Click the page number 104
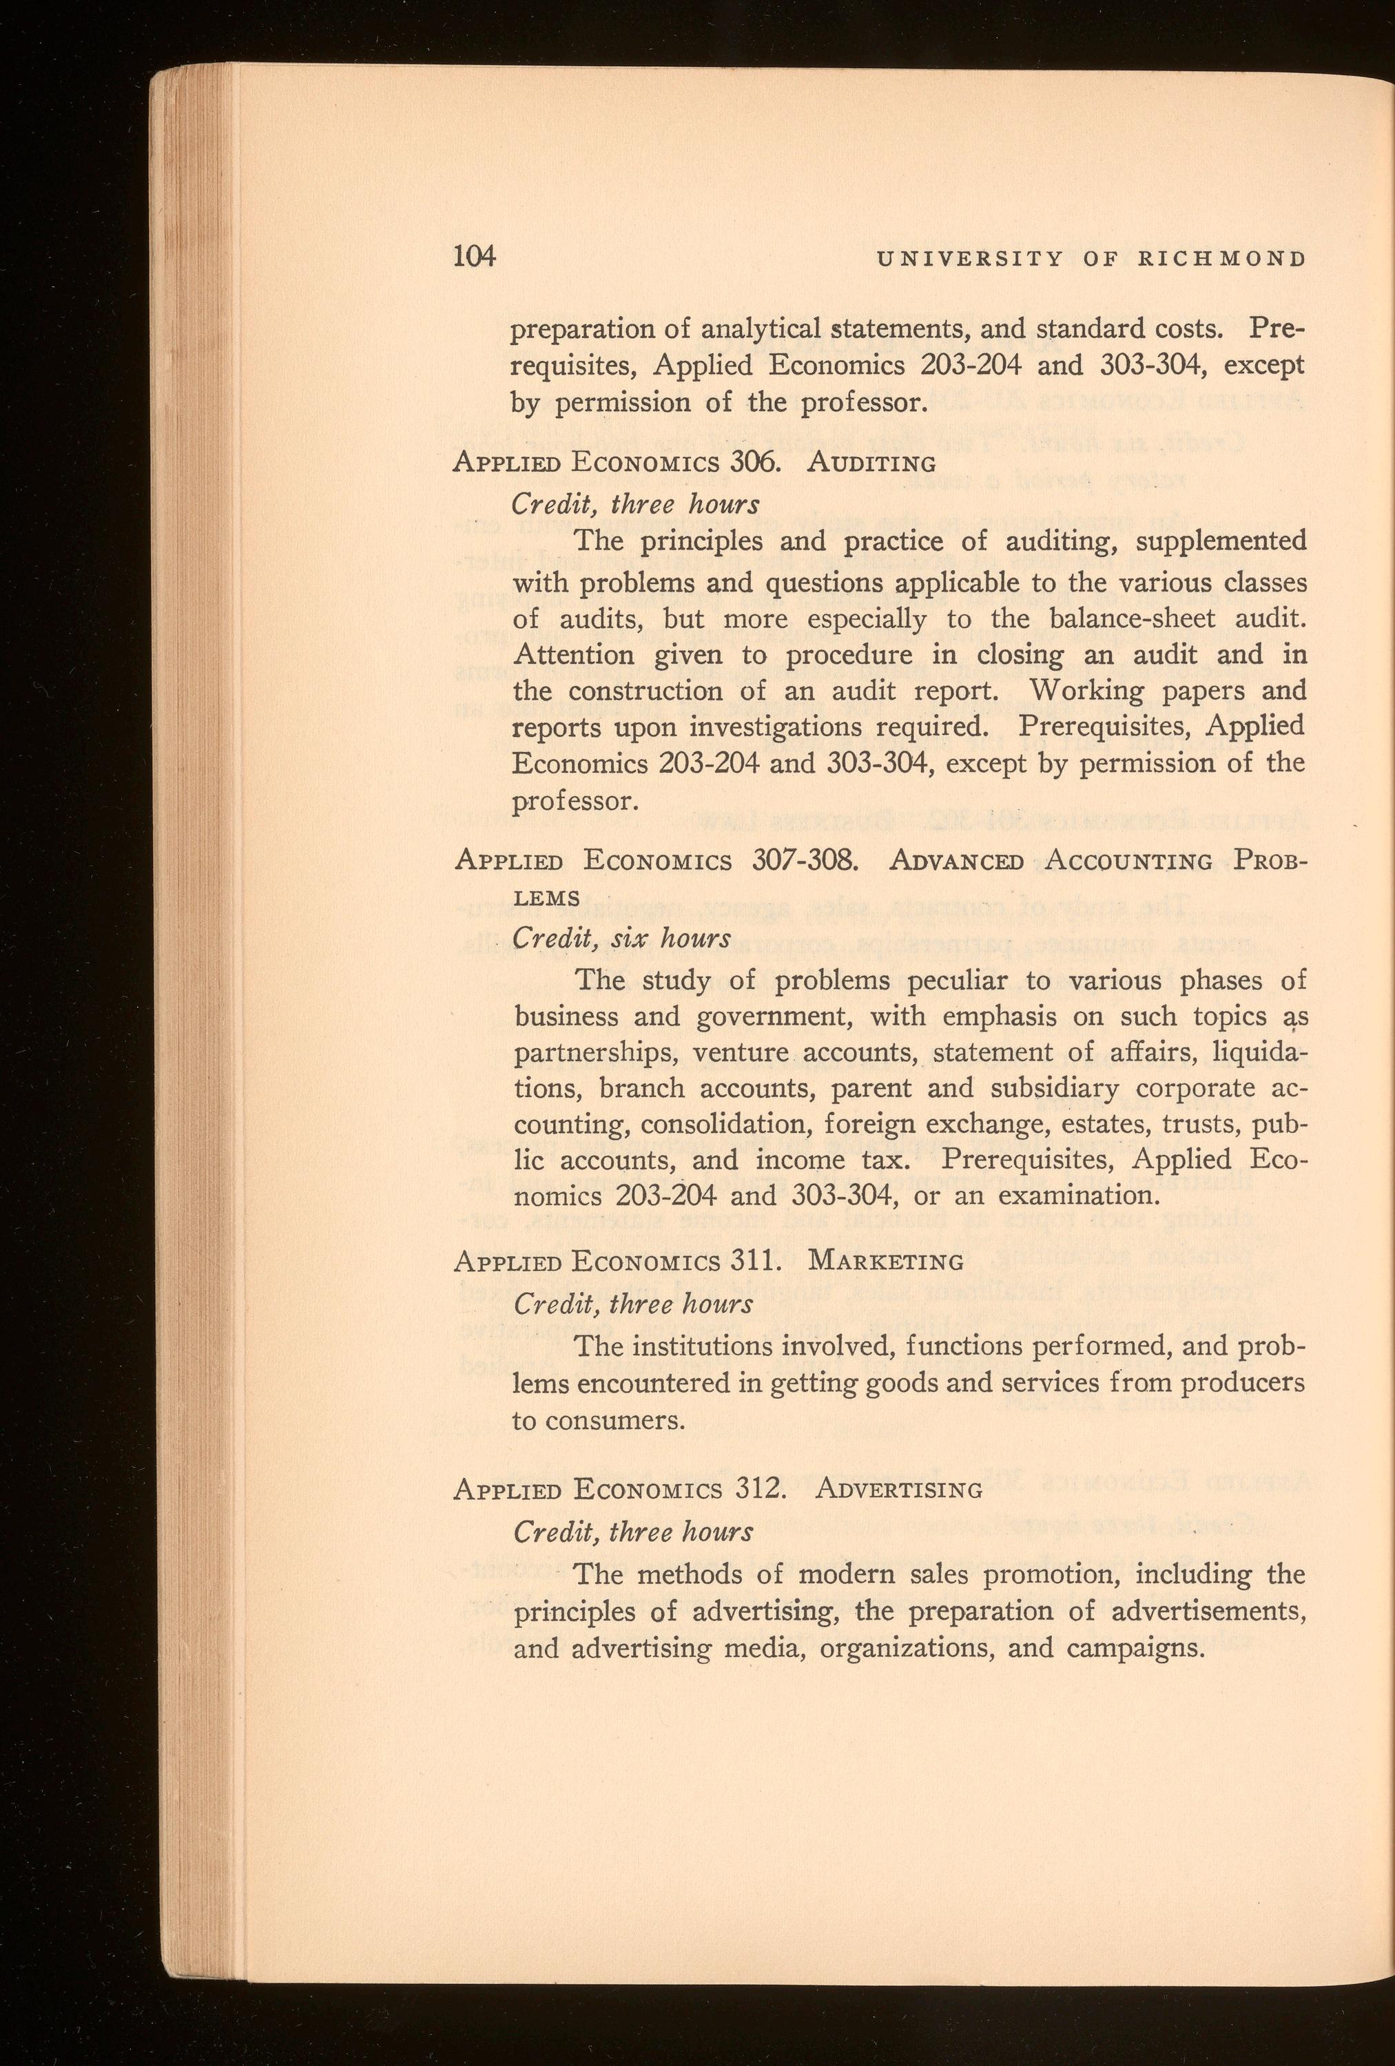point(473,257)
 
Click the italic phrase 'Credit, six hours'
point(622,938)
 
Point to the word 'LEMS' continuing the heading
point(548,899)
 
